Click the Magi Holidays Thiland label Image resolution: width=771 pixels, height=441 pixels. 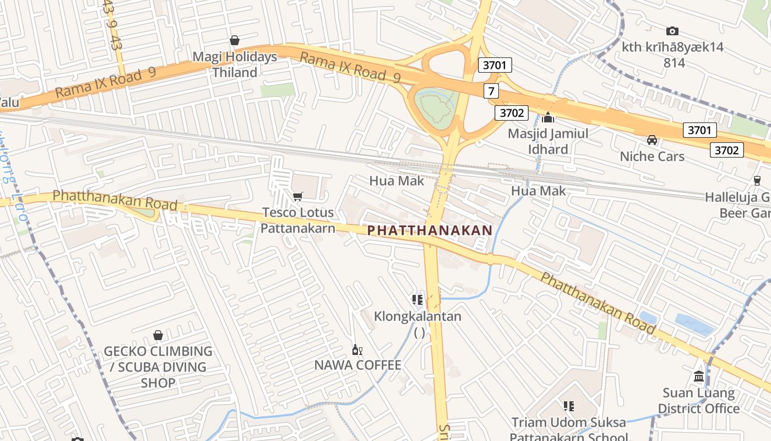click(x=235, y=64)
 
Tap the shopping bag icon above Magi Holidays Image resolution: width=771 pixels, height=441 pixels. click(x=235, y=40)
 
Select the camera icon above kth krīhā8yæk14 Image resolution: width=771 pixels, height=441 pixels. click(x=672, y=31)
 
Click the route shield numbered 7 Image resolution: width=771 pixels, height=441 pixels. click(x=491, y=90)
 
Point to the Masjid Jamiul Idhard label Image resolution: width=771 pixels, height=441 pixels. click(x=547, y=141)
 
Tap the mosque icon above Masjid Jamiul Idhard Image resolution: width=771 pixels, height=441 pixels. click(x=547, y=117)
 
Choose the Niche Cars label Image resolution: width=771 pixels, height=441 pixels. click(x=652, y=157)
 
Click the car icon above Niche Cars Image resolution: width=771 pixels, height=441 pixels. click(x=652, y=140)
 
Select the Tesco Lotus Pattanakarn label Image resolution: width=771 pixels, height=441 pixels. click(x=297, y=220)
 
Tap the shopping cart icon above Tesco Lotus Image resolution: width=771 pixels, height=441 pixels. click(x=298, y=196)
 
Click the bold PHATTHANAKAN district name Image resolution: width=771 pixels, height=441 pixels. click(x=430, y=230)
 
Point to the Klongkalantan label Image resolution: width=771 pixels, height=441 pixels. click(x=417, y=316)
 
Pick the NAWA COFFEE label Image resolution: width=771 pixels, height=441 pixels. click(x=357, y=365)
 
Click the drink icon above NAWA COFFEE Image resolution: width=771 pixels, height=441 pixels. click(x=357, y=349)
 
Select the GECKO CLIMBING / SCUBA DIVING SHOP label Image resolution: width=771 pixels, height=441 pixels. click(x=158, y=367)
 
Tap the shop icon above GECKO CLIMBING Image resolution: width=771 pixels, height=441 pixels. click(x=158, y=335)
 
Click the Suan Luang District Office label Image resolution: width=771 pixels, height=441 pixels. click(x=698, y=401)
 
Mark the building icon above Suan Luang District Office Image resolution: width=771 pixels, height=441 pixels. click(x=699, y=377)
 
